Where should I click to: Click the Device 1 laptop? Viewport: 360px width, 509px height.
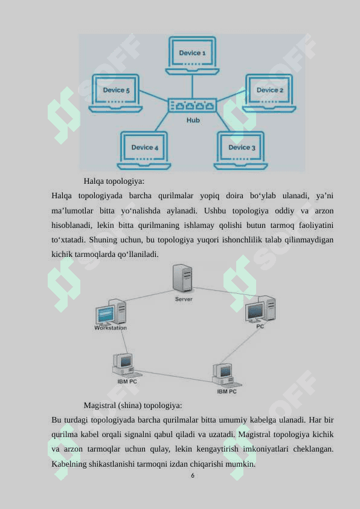click(192, 56)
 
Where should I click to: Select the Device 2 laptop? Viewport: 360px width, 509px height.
click(269, 93)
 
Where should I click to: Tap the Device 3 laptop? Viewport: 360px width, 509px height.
click(240, 151)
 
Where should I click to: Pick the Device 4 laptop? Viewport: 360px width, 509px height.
click(144, 151)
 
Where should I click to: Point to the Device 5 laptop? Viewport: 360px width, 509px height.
click(116, 93)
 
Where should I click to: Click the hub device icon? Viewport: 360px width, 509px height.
click(192, 105)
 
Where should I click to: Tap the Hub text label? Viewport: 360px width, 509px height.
click(193, 120)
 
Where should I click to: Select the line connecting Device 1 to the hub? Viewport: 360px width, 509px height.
click(192, 86)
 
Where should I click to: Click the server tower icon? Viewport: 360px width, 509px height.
click(182, 278)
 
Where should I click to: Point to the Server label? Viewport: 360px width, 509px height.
click(184, 299)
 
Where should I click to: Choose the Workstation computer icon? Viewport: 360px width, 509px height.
click(111, 312)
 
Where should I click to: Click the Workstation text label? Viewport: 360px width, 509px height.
click(111, 328)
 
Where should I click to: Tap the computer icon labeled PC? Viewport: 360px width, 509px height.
click(260, 310)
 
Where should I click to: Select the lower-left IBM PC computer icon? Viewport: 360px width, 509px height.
click(126, 366)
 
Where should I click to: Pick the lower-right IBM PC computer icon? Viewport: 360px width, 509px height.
click(226, 375)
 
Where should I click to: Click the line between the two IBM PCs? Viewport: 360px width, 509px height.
click(173, 376)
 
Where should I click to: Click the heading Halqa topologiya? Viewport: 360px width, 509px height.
click(114, 181)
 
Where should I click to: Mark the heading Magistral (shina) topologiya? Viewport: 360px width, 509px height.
click(133, 406)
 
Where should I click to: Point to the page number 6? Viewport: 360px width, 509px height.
click(193, 476)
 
